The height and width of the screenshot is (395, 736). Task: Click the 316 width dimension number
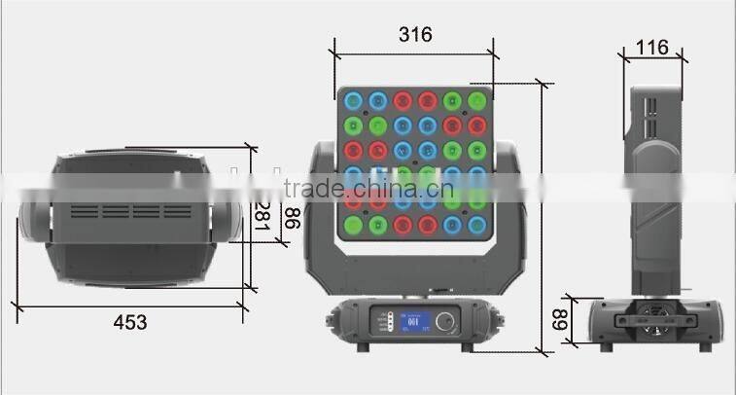(x=415, y=34)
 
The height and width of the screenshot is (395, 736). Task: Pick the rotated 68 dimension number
(x=560, y=319)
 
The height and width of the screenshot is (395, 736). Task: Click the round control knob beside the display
(x=447, y=320)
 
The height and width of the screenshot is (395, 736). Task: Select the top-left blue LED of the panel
(x=352, y=99)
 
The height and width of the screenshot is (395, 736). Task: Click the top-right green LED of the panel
(x=476, y=99)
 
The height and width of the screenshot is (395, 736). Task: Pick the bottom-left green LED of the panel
(x=352, y=226)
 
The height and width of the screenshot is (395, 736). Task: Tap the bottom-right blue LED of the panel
(x=476, y=226)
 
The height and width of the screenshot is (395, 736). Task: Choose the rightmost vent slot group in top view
(x=177, y=210)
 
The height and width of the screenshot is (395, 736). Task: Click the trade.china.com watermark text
(x=369, y=188)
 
